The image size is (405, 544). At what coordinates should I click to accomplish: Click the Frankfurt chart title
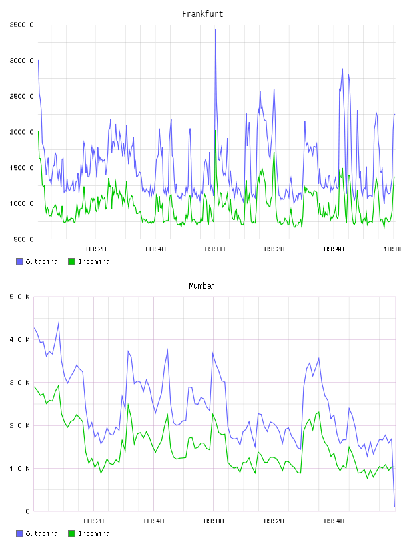(202, 14)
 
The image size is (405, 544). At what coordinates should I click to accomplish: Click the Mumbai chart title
(202, 286)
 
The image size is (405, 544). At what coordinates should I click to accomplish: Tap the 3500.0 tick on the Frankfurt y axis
(22, 25)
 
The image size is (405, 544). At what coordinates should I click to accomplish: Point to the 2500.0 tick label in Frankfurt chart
(22, 96)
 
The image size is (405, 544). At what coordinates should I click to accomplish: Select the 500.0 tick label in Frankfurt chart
(23, 239)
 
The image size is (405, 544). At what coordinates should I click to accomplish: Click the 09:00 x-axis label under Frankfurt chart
(215, 249)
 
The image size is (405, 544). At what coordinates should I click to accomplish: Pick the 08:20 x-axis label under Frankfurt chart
(96, 249)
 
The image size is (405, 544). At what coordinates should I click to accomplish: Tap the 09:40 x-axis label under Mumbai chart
(334, 521)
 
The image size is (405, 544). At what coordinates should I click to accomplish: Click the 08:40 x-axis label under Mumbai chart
(154, 521)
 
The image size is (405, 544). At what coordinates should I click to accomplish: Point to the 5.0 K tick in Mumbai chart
(20, 297)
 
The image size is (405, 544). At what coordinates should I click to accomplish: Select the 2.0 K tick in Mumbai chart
(20, 425)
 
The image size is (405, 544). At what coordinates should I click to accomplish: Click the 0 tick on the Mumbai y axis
(28, 511)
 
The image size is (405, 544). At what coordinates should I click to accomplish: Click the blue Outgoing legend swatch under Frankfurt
(19, 261)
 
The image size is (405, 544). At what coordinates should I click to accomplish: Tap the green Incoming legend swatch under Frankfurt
(71, 261)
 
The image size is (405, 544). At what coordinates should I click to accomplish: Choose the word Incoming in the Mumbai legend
(94, 533)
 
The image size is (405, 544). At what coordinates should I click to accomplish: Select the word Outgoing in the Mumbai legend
(41, 533)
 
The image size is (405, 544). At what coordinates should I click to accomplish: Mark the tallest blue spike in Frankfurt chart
(216, 30)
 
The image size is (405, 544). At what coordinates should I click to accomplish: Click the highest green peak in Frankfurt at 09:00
(215, 131)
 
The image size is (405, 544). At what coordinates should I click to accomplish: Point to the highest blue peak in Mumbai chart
(58, 323)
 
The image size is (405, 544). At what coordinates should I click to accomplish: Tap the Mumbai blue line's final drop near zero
(394, 506)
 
